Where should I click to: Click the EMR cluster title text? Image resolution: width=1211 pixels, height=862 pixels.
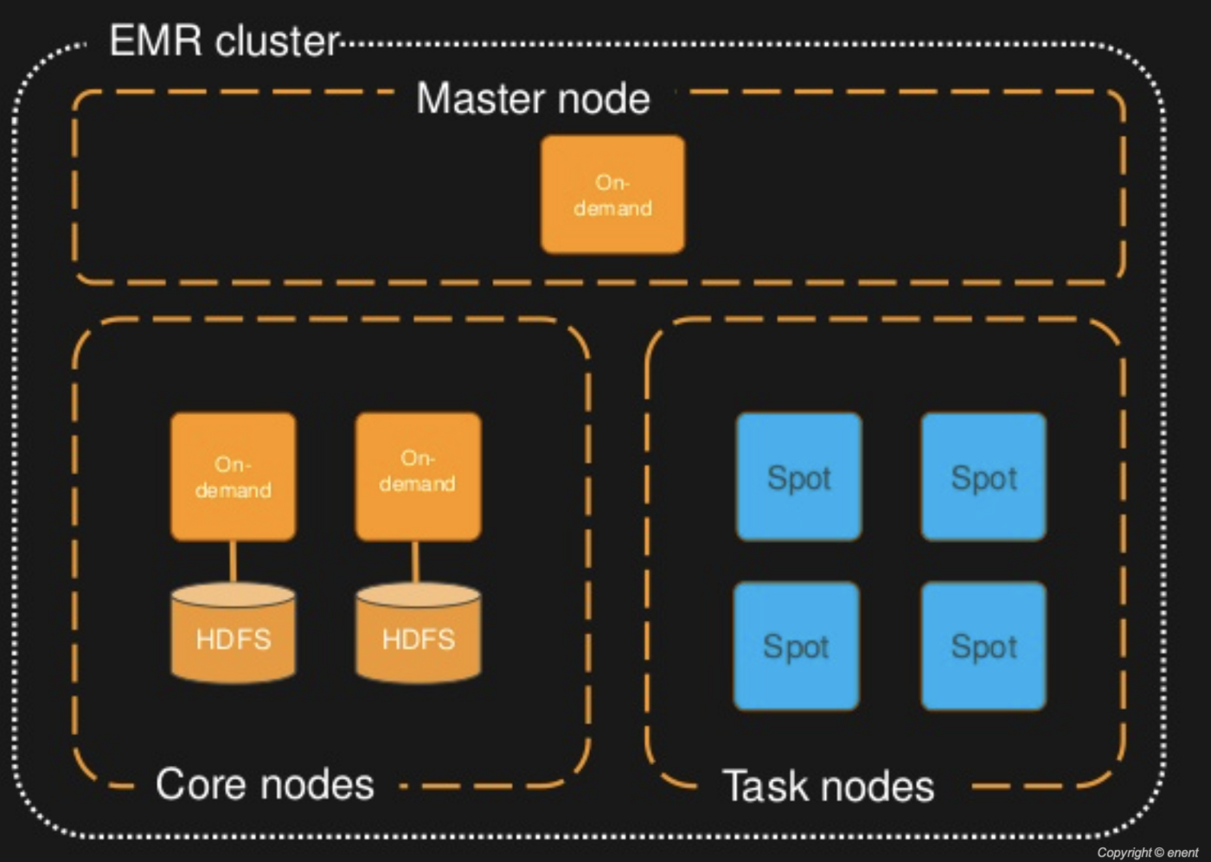tap(224, 42)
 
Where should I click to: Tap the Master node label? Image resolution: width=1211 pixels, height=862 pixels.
tap(533, 99)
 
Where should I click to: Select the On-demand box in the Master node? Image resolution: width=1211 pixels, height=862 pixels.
tap(612, 195)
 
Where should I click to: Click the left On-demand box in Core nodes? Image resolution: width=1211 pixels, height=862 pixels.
tap(233, 476)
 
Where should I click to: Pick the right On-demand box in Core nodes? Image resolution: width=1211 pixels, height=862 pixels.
tap(418, 476)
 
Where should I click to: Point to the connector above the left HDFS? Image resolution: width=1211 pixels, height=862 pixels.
tap(233, 562)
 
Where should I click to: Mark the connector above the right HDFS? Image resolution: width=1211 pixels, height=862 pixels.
tap(416, 562)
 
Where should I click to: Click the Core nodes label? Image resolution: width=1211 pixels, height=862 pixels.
tap(265, 785)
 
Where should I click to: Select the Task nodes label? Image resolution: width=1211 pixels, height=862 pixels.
tap(828, 787)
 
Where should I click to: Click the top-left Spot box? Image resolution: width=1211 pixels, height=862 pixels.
tap(798, 476)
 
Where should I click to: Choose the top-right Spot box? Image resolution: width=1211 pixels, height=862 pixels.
tap(984, 476)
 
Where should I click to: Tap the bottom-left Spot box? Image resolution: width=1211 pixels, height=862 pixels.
tap(797, 646)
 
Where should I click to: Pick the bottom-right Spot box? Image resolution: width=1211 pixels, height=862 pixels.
tap(984, 646)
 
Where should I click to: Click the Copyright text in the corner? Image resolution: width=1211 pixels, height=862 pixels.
tap(1147, 852)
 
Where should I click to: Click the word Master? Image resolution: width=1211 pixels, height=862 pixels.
tap(479, 99)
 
